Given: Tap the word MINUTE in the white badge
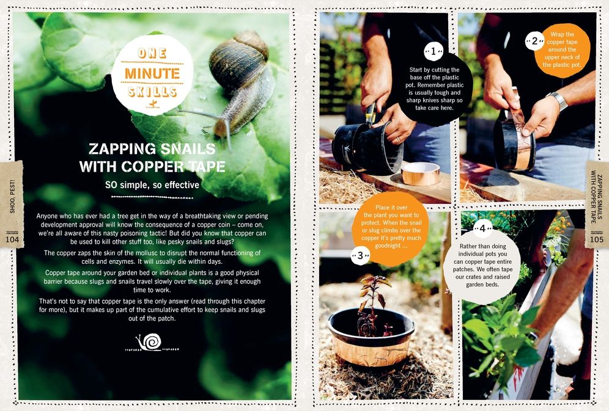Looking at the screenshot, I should pos(152,74).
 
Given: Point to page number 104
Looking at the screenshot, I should pos(12,239).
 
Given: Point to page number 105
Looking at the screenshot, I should pos(597,239).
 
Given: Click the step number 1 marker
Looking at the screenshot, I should pos(433,52).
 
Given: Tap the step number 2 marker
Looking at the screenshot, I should pos(534,42).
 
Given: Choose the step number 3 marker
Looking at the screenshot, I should pos(361,255).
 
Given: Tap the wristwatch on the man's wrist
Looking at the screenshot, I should pos(558,100).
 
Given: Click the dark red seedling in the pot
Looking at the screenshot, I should pos(372,304).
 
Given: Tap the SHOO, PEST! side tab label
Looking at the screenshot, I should pos(12,201).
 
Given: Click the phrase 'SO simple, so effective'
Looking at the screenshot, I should pos(152,184).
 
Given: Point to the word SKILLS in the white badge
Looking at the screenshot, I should pos(152,92).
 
